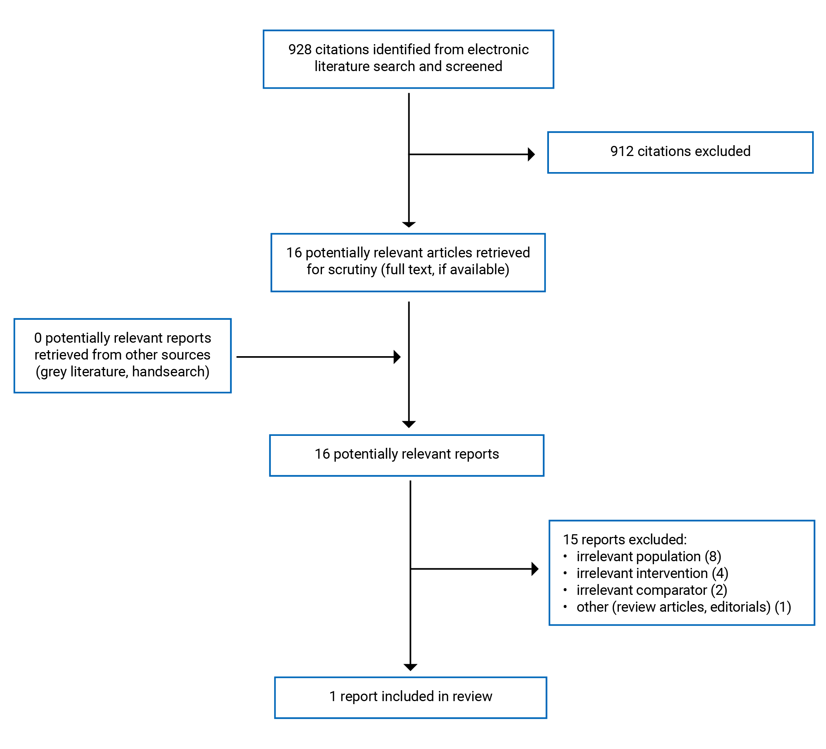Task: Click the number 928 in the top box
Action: (x=300, y=50)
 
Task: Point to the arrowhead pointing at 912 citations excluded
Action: (x=531, y=155)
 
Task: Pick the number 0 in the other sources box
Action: (x=38, y=338)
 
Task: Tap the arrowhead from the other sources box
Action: (x=397, y=357)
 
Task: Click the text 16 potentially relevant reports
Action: (x=406, y=454)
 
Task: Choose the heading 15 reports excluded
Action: (x=624, y=539)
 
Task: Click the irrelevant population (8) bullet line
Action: (x=649, y=556)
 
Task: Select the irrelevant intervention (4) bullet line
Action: (x=652, y=573)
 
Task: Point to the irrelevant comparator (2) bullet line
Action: (x=651, y=590)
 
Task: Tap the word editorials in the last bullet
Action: (x=740, y=607)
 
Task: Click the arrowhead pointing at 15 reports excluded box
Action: (x=535, y=569)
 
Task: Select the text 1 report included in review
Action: (x=411, y=696)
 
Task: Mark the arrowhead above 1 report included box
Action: (x=410, y=667)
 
